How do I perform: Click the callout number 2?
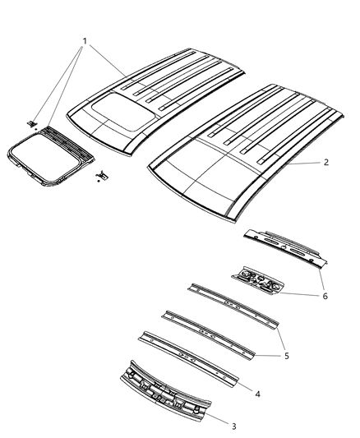pyautogui.click(x=326, y=163)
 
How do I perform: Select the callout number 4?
pyautogui.click(x=258, y=394)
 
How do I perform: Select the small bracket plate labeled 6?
pyautogui.click(x=260, y=279)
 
